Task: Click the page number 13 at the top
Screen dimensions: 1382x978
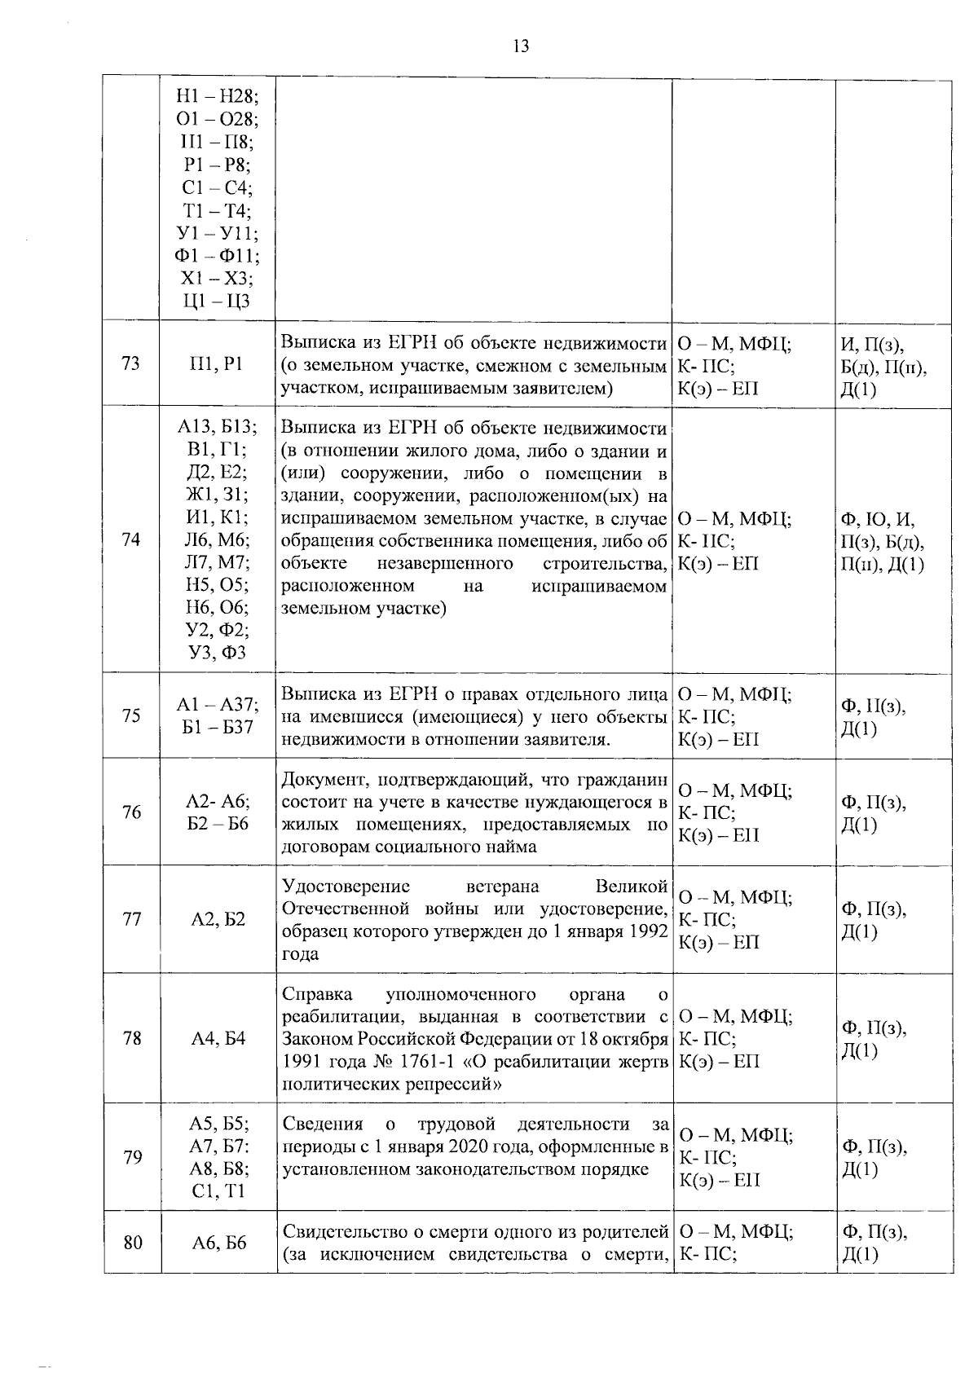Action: pos(521,46)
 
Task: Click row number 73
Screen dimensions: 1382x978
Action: pos(131,364)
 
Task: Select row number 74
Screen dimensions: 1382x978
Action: pos(131,539)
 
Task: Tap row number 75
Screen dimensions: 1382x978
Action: pos(131,715)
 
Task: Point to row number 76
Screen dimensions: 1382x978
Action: pos(131,812)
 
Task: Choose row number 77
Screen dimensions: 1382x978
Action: pos(131,919)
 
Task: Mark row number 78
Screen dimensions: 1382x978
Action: pos(131,1038)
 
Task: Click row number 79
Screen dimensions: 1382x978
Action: pos(131,1157)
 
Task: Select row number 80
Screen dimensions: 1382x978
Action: pos(131,1243)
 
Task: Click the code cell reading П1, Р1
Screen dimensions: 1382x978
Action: pos(217,364)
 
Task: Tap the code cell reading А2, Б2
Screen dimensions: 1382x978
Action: pos(217,919)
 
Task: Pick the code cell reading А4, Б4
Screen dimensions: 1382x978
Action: pos(217,1038)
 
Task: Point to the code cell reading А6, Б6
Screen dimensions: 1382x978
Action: pos(217,1243)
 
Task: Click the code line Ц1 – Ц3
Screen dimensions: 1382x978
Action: pos(217,301)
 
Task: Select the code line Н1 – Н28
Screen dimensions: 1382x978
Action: pos(217,97)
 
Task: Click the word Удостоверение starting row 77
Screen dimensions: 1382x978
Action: pos(346,887)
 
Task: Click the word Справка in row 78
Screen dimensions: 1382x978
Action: pos(317,994)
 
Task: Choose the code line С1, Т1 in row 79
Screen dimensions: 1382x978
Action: pos(217,1191)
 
